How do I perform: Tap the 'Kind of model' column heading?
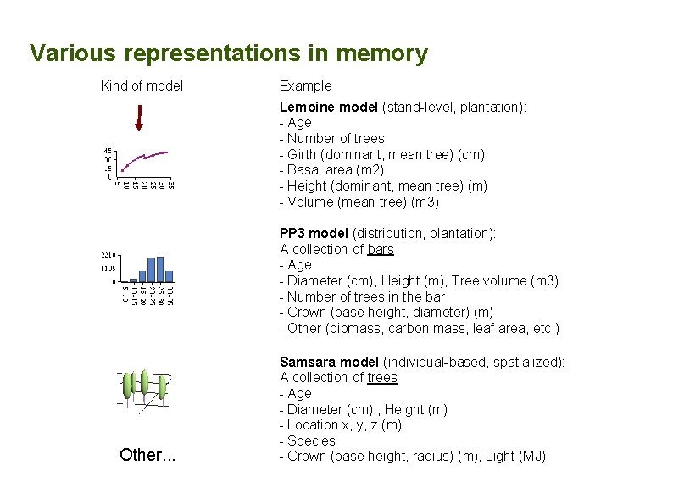tap(142, 86)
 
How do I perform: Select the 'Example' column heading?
tap(305, 86)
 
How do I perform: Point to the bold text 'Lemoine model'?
tap(329, 107)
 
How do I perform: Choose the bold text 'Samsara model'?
tap(330, 362)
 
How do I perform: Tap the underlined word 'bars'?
tap(381, 249)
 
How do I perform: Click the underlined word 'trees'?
tap(382, 378)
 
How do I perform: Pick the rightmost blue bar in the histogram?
tap(169, 275)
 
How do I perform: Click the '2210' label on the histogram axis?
tap(108, 254)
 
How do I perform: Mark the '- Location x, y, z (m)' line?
tap(341, 425)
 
